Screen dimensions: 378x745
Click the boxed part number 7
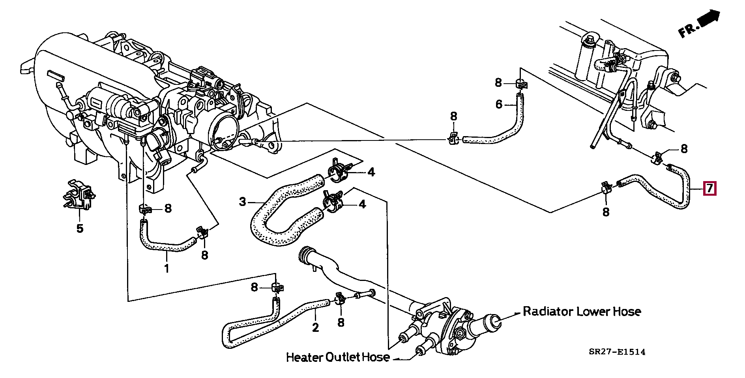[x=709, y=189]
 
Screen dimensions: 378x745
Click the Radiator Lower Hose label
[x=582, y=311]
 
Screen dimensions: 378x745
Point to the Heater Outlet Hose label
[x=337, y=357]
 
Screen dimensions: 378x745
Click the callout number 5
[x=80, y=228]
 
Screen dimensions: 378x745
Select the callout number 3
[x=242, y=202]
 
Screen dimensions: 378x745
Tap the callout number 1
[x=167, y=269]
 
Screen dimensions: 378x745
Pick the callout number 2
[x=315, y=327]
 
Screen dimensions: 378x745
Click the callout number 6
[x=499, y=104]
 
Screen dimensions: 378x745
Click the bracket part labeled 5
[x=79, y=195]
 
